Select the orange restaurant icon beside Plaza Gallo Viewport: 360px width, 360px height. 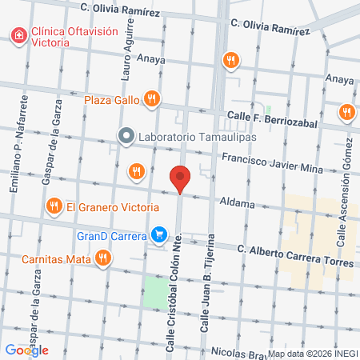tap(153, 99)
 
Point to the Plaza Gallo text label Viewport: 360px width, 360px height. tap(112, 100)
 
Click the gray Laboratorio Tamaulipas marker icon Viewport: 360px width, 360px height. tap(125, 136)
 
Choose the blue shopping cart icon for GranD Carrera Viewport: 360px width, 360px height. tap(159, 235)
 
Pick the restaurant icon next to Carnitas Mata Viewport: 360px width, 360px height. tap(102, 258)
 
